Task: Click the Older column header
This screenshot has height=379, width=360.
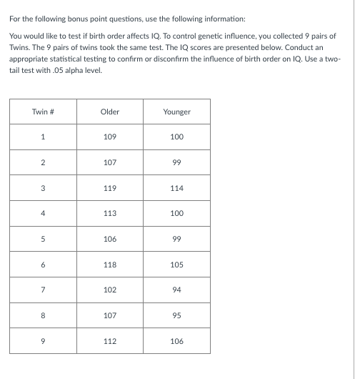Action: point(110,112)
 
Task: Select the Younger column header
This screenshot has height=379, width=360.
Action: point(177,112)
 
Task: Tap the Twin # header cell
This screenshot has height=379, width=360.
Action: point(43,112)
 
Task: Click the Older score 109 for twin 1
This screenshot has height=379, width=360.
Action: point(110,137)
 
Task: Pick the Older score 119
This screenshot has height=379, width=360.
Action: point(110,188)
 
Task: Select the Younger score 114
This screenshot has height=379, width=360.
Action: point(177,188)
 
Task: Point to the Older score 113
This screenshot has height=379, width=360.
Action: point(110,213)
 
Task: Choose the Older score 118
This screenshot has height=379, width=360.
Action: point(110,265)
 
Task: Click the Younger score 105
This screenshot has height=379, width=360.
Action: point(177,265)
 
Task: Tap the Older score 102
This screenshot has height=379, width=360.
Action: point(110,290)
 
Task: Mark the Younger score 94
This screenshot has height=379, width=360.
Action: point(177,290)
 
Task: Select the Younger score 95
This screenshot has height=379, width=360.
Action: point(177,315)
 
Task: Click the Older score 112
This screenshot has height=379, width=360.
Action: point(110,340)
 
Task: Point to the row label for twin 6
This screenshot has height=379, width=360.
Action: point(43,265)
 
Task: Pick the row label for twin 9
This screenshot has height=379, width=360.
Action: point(43,340)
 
